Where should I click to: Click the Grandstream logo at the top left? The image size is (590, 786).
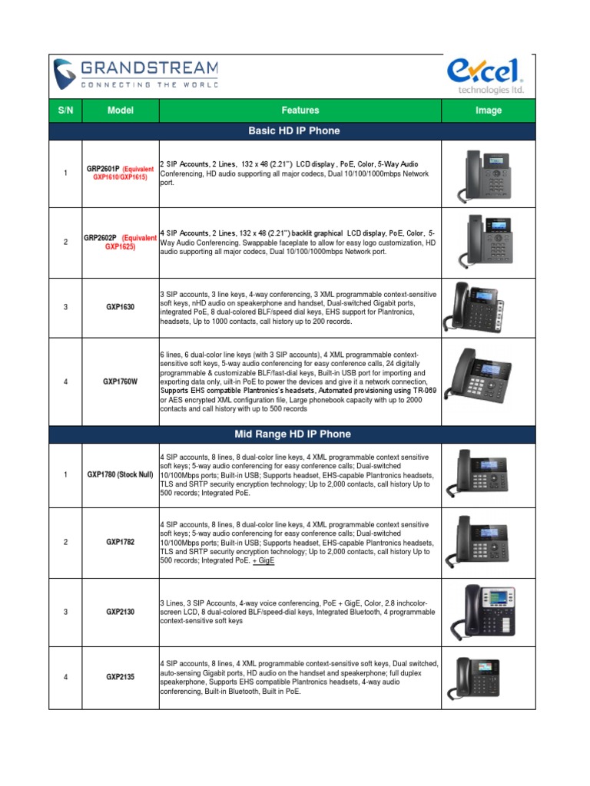(135, 75)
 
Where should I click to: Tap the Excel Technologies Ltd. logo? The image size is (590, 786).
(486, 75)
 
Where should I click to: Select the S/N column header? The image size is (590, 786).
(65, 111)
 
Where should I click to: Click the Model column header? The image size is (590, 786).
(121, 111)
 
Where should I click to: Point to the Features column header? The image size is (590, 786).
(300, 111)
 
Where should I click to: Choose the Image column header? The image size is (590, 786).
(489, 111)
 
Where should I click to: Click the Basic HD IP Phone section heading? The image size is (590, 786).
(294, 131)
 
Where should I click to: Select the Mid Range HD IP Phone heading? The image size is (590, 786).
(294, 434)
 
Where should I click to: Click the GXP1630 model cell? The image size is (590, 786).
(121, 307)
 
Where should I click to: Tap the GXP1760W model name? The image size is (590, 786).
(121, 381)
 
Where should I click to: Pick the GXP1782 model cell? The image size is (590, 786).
(121, 543)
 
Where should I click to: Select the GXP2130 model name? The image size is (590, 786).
(121, 612)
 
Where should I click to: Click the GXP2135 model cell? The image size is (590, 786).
(121, 677)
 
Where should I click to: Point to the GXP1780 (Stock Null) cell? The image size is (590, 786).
(121, 475)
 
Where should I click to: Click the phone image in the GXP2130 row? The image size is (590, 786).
(489, 612)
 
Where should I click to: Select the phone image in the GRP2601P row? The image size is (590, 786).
(489, 176)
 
